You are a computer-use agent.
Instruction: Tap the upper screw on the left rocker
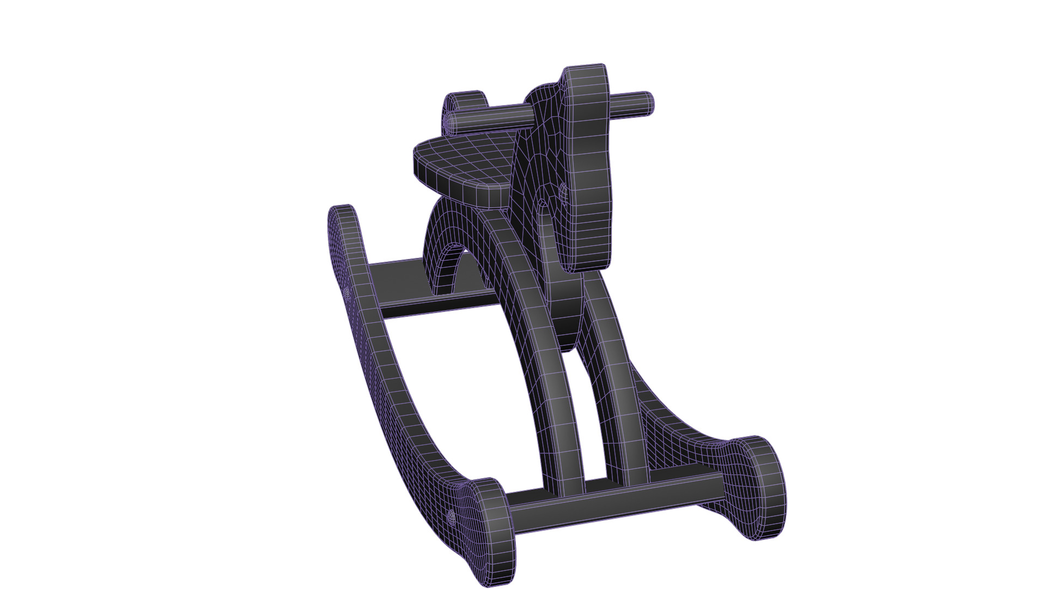[346, 293]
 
